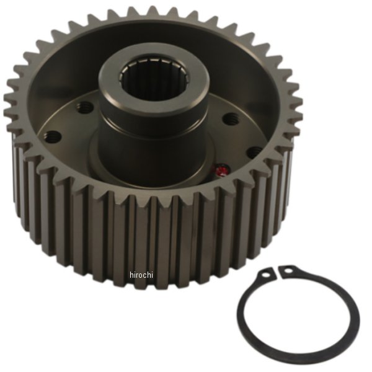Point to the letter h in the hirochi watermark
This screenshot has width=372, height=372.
[132, 274]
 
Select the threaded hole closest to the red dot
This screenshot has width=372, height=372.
[254, 151]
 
